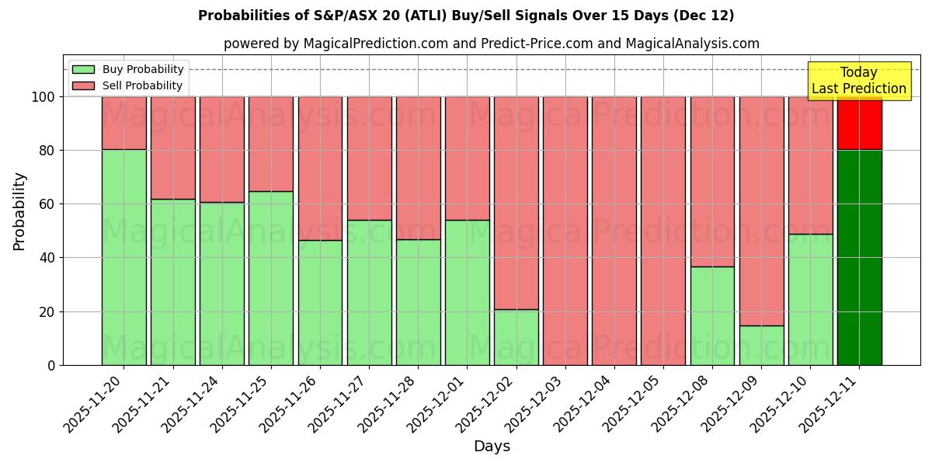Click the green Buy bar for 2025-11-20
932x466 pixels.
coord(123,257)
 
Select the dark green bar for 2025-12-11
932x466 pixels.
coord(859,257)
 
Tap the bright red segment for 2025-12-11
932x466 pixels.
coord(859,123)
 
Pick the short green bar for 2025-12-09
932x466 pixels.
coord(761,345)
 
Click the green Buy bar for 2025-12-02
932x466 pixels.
coord(516,337)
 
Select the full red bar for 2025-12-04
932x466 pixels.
coord(614,231)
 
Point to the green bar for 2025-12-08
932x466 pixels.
coord(712,315)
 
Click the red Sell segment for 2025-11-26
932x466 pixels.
coord(320,168)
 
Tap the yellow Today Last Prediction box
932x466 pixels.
coord(858,81)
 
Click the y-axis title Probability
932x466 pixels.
coord(19,211)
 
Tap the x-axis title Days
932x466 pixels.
coord(492,447)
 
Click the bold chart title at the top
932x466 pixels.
coord(466,16)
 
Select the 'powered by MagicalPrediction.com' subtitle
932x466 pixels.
coord(492,43)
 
